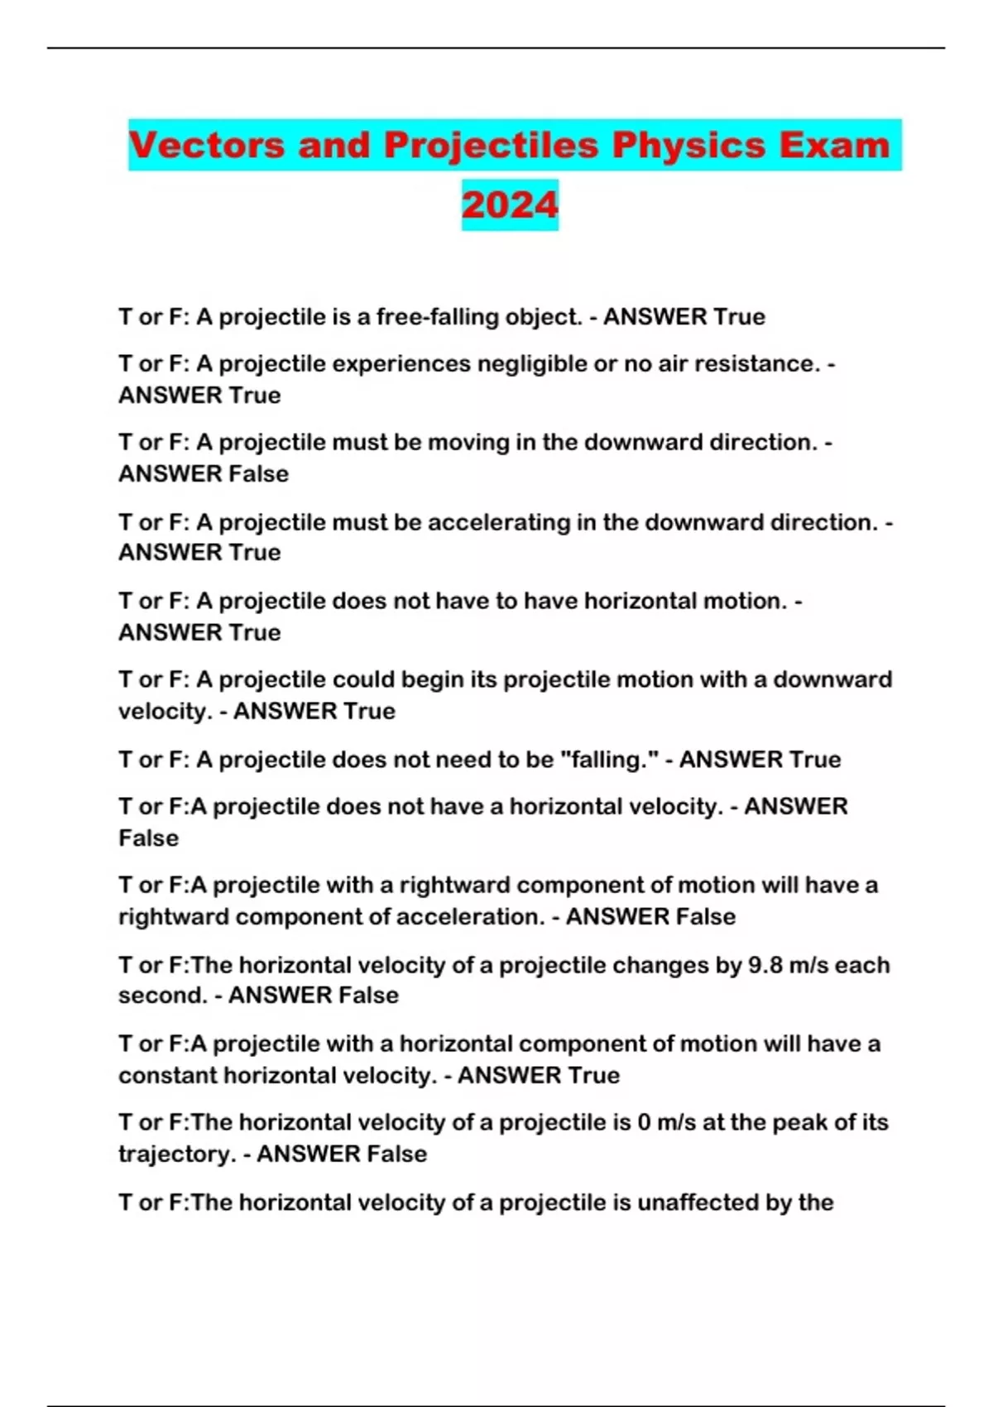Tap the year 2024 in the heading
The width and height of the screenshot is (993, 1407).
click(510, 205)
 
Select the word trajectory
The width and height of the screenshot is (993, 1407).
click(177, 1155)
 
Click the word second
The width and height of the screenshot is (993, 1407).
click(162, 996)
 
